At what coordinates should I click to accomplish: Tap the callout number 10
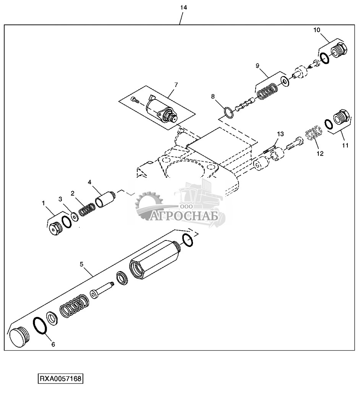(x=317, y=29)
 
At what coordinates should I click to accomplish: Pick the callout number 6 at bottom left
(x=53, y=344)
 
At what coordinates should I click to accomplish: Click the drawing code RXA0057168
(x=60, y=379)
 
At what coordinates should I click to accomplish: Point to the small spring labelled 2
(x=88, y=209)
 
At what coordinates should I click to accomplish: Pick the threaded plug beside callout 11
(x=340, y=116)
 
